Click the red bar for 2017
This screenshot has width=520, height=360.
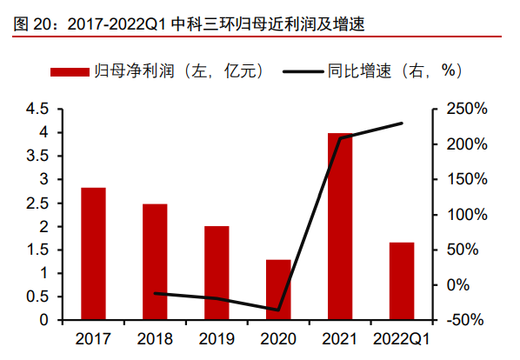coord(93,254)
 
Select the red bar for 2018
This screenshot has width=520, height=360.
coord(155,262)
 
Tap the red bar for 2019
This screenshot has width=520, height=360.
coord(217,273)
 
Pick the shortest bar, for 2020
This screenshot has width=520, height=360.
coord(278,290)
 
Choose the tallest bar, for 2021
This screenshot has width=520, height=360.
coord(340,227)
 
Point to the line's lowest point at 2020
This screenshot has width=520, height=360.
coord(278,310)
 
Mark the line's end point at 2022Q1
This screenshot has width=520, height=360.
coord(402,123)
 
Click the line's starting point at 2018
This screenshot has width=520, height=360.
coord(155,294)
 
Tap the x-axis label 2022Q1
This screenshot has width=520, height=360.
coord(402,338)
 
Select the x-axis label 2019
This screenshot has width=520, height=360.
coord(217,338)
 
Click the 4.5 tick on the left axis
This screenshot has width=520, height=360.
coord(37,109)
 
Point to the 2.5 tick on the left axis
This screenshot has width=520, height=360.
coord(37,203)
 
